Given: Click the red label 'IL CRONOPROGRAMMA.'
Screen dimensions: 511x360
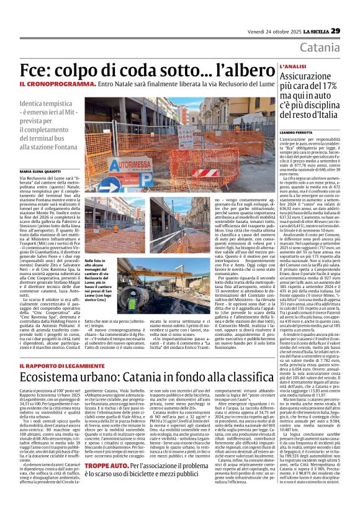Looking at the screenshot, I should [66, 83].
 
